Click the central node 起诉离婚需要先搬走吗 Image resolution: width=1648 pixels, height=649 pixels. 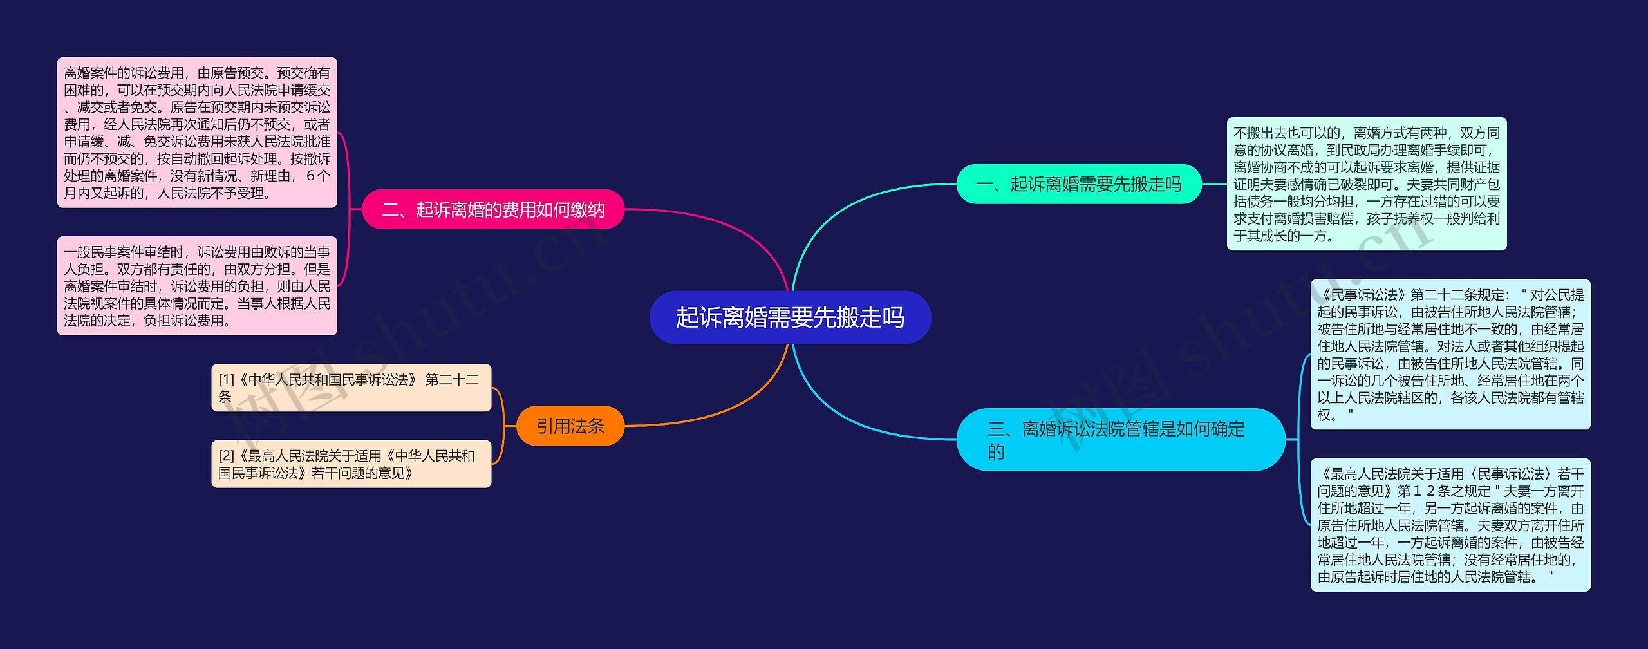pyautogui.click(x=790, y=317)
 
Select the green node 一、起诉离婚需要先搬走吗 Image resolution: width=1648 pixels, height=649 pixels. pyautogui.click(x=1079, y=184)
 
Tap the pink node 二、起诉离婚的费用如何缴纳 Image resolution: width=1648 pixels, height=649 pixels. pyautogui.click(x=493, y=209)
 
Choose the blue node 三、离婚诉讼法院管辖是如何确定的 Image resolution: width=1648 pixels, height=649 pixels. pyautogui.click(x=1120, y=440)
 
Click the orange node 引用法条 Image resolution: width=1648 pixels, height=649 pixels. pyautogui.click(x=570, y=426)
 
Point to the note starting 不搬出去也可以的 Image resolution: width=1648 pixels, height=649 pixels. pyautogui.click(x=1366, y=184)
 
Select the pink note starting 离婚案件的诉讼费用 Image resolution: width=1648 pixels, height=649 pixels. pyautogui.click(x=197, y=133)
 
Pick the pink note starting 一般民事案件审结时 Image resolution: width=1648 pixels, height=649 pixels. pyautogui.click(x=197, y=286)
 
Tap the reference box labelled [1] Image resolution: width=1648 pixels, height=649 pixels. pyautogui.click(x=351, y=388)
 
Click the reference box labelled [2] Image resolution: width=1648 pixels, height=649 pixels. pyautogui.click(x=351, y=464)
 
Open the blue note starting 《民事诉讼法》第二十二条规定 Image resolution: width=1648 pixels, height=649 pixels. pyautogui.click(x=1450, y=354)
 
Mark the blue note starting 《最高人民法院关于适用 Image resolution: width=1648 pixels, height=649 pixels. pyautogui.click(x=1450, y=525)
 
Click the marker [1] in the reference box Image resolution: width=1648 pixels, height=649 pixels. pyautogui.click(x=226, y=380)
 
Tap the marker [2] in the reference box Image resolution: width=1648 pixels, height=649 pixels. pyautogui.click(x=226, y=456)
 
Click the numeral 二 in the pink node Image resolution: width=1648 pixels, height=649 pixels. pyautogui.click(x=391, y=210)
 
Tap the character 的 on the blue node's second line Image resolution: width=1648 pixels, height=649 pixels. pyautogui.click(x=996, y=452)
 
